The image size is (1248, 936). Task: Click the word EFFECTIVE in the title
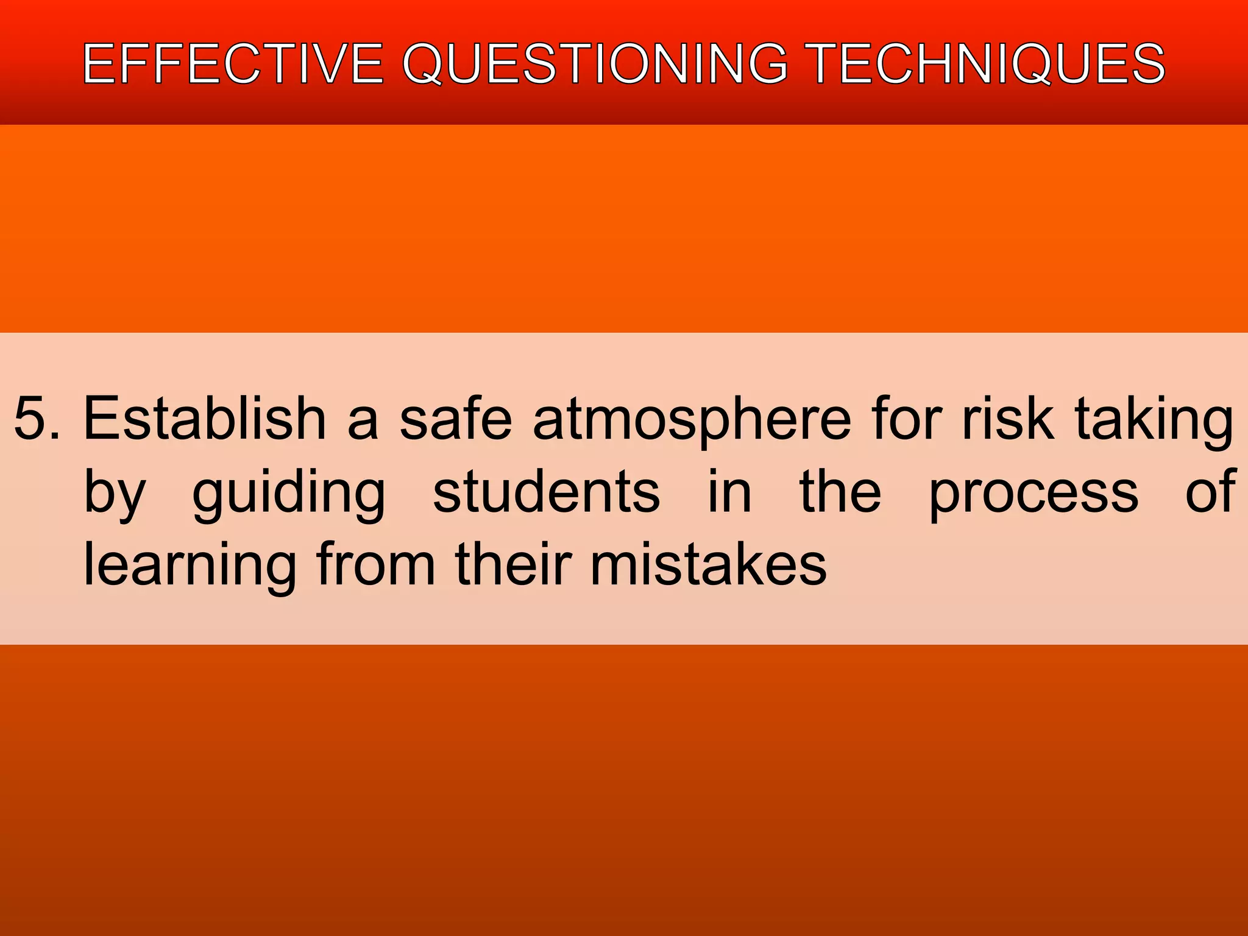[x=233, y=63]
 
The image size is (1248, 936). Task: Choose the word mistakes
[x=708, y=564]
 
